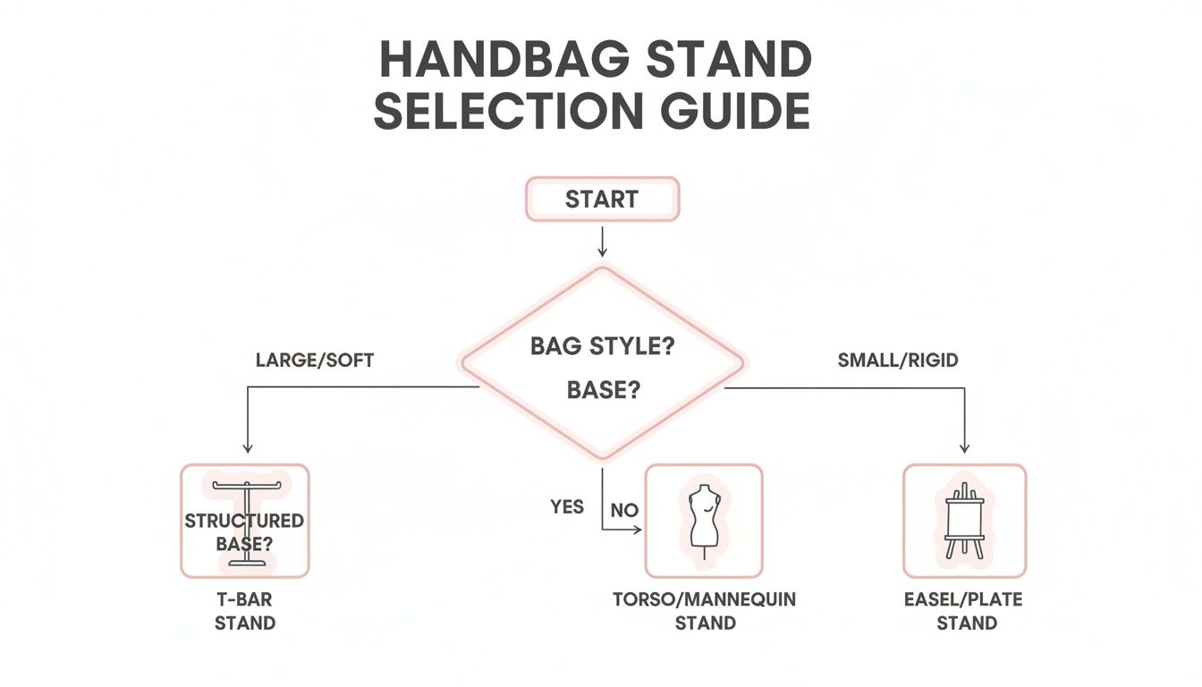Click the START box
click(x=602, y=199)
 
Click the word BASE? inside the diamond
click(x=602, y=391)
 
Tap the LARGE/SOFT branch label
click(x=315, y=360)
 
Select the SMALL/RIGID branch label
click(x=898, y=360)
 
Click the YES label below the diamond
click(x=567, y=507)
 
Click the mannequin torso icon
click(x=704, y=520)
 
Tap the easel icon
click(x=964, y=520)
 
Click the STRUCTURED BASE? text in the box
click(x=244, y=531)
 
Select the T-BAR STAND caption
click(x=244, y=611)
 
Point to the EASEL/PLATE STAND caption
click(x=966, y=611)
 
